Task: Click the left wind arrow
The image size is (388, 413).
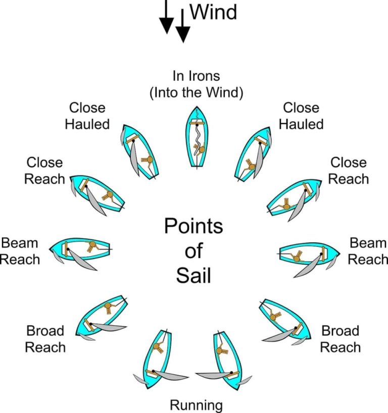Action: point(166,18)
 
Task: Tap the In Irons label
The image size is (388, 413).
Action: point(197,76)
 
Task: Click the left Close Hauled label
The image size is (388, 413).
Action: point(87,116)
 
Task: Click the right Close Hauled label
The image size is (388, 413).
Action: point(301,116)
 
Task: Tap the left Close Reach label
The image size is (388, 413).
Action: point(44,171)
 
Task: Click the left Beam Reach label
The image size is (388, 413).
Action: point(20,251)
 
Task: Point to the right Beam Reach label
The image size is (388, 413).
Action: point(368,251)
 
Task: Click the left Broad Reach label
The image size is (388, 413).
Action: point(45,339)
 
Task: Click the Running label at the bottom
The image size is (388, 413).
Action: point(196,405)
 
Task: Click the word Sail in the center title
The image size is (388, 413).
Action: point(193,276)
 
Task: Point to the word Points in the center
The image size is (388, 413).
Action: point(193,226)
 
